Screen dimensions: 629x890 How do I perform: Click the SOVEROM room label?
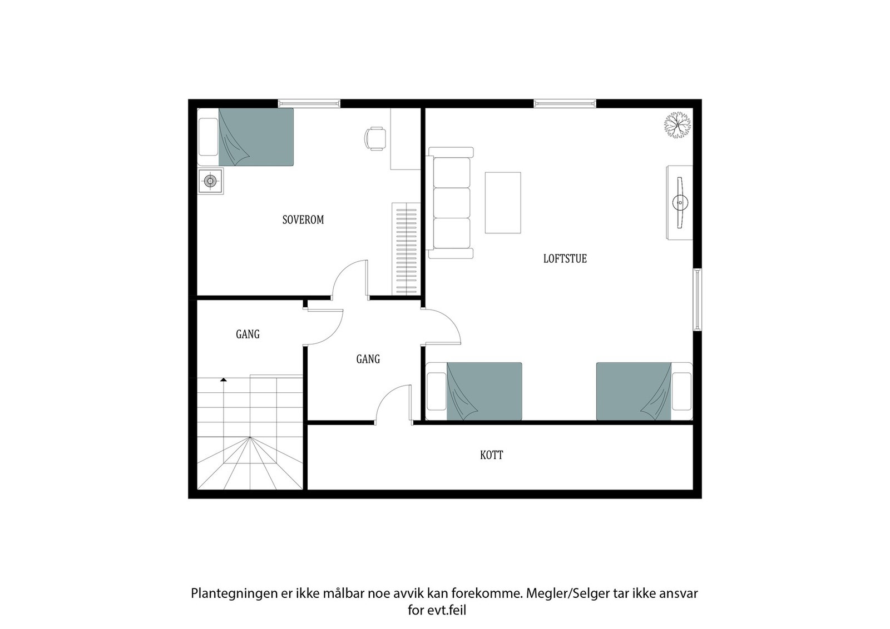[303, 219]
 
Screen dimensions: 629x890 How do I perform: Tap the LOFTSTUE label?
[565, 258]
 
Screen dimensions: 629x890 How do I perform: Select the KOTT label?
[491, 455]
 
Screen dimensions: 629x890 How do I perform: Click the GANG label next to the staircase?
[248, 334]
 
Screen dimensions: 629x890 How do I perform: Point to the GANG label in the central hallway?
[368, 359]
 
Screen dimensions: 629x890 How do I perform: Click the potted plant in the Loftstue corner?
[678, 125]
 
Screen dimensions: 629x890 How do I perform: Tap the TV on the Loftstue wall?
[679, 202]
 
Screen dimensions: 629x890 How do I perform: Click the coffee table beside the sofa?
[503, 202]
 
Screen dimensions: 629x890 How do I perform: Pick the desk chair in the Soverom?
[375, 138]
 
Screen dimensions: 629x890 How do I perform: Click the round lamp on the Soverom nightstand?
[210, 181]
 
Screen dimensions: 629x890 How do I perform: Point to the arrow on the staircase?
[224, 380]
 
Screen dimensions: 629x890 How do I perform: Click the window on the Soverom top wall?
[309, 103]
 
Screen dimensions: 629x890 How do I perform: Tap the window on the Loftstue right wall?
[697, 299]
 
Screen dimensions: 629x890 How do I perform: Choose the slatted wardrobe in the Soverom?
[405, 248]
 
